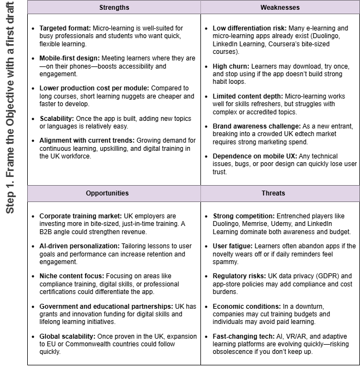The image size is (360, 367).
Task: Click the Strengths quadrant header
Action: [114, 8]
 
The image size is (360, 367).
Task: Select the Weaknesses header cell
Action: [280, 8]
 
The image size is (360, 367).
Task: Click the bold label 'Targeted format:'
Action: [65, 28]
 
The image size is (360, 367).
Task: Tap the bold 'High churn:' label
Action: [231, 66]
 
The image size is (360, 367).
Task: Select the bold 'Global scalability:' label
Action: [68, 336]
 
